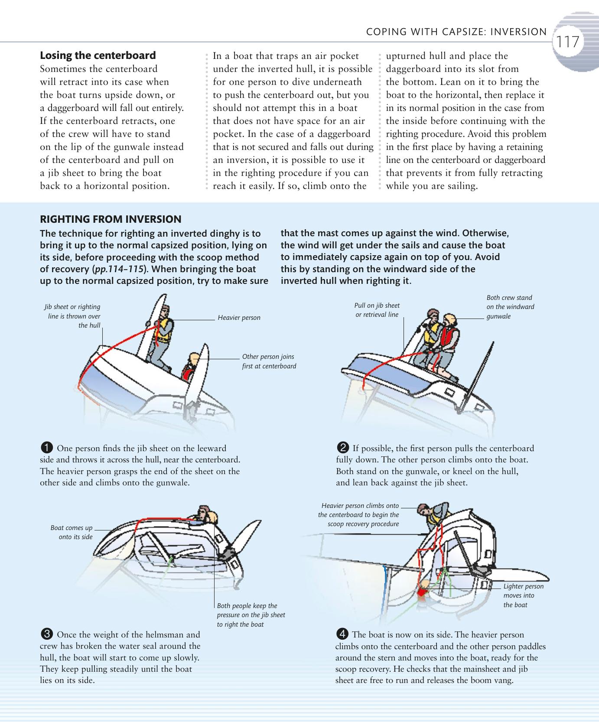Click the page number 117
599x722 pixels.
(x=568, y=42)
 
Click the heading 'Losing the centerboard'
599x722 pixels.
(x=98, y=55)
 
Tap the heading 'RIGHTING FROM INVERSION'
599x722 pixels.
(x=111, y=219)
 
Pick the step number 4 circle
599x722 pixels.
(x=342, y=634)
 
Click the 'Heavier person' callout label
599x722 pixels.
(x=239, y=318)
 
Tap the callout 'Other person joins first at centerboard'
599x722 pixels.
(x=269, y=361)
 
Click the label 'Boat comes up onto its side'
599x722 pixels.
(x=72, y=532)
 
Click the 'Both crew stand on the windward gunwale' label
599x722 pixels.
(x=510, y=307)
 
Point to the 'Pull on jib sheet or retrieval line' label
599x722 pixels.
(x=377, y=310)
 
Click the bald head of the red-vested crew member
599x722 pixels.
(x=450, y=320)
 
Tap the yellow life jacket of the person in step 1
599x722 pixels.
(x=164, y=331)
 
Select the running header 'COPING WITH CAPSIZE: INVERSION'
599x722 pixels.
(x=456, y=32)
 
